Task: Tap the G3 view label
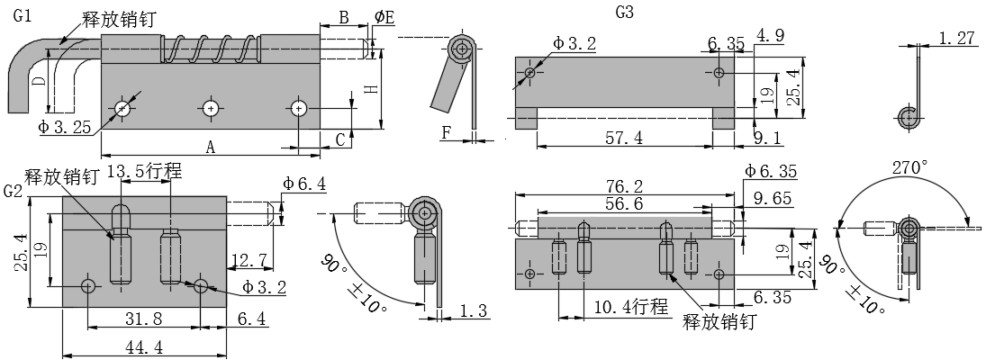pyautogui.click(x=624, y=13)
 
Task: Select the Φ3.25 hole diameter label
pyautogui.click(x=64, y=128)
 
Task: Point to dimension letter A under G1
pyautogui.click(x=211, y=146)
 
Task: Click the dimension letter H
pyautogui.click(x=370, y=89)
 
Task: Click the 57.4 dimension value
pyautogui.click(x=625, y=137)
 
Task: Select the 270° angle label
pyautogui.click(x=909, y=168)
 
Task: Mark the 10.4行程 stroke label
pyautogui.click(x=629, y=307)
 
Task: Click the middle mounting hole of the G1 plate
pyautogui.click(x=210, y=108)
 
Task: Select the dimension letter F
pyautogui.click(x=446, y=133)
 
